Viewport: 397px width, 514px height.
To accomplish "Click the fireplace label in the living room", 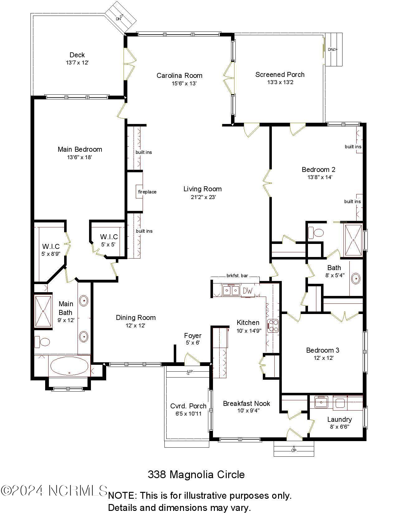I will tap(147, 192).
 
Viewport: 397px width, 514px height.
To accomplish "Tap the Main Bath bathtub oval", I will tap(69, 366).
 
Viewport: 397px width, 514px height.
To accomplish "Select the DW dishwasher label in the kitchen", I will tap(248, 291).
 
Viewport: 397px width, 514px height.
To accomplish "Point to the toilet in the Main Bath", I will tap(42, 342).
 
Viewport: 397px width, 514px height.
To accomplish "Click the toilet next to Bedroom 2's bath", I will tap(316, 233).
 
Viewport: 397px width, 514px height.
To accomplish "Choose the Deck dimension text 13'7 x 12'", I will tap(77, 63).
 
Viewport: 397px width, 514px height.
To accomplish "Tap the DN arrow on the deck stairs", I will tap(119, 18).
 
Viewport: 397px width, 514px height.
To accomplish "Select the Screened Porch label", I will tap(280, 74).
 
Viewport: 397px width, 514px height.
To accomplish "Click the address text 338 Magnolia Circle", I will tap(196, 474).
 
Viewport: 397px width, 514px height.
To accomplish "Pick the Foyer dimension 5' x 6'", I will tap(192, 343).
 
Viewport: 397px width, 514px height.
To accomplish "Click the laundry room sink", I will tap(321, 402).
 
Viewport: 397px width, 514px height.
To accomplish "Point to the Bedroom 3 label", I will tap(323, 350).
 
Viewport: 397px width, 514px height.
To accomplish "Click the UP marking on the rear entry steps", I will tap(294, 450).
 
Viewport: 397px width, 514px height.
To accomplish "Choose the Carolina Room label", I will tap(179, 75).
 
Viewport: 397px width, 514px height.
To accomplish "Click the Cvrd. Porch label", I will tap(188, 406).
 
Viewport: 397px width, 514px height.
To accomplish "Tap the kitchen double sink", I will tap(231, 290).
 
